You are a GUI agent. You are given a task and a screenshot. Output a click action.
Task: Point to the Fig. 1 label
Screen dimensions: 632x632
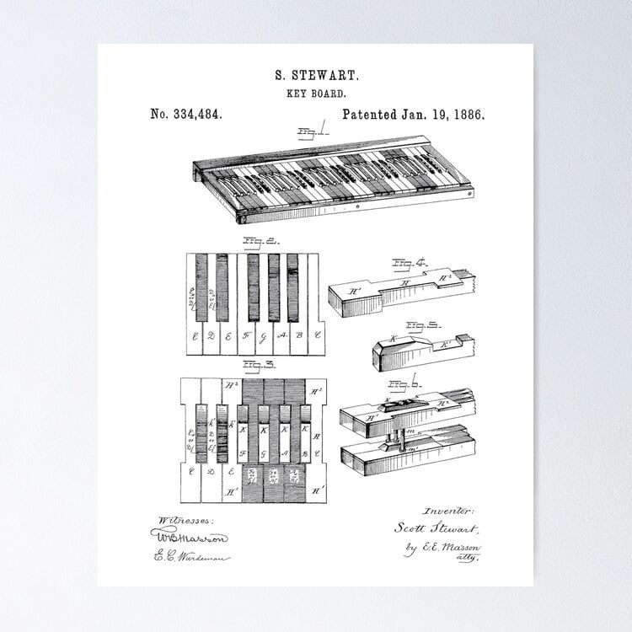[x=313, y=131]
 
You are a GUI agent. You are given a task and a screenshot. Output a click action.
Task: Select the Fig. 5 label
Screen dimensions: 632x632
[x=419, y=324]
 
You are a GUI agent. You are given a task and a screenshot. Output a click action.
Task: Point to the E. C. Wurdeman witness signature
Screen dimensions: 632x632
[x=191, y=556]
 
